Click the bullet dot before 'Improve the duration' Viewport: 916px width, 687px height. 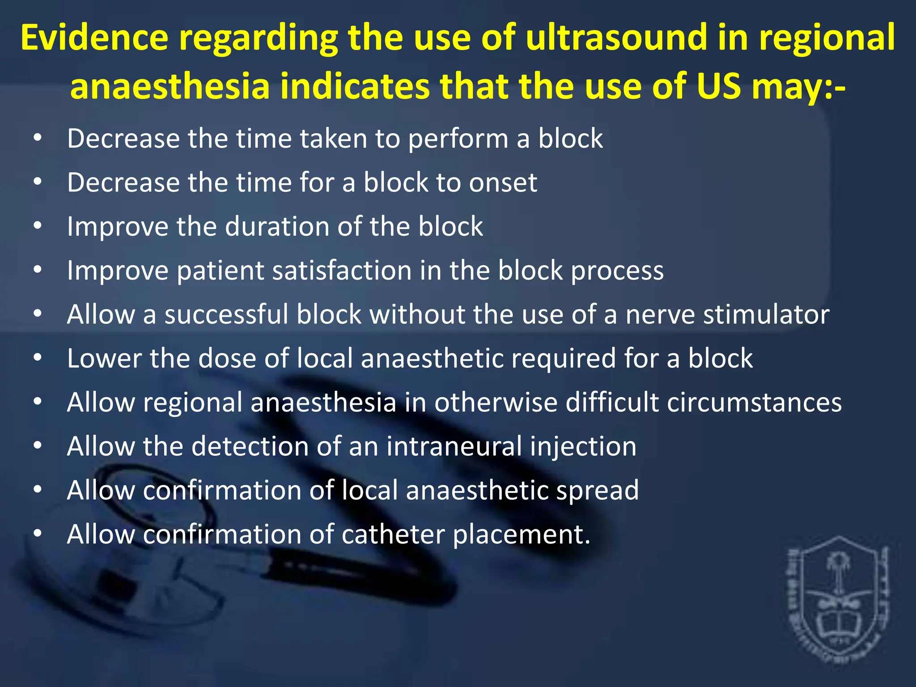[x=38, y=226]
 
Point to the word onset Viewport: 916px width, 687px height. [x=503, y=183]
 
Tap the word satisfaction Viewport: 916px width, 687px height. [x=342, y=271]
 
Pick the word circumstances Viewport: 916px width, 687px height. [x=754, y=403]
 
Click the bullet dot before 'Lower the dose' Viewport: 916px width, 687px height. [x=38, y=358]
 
